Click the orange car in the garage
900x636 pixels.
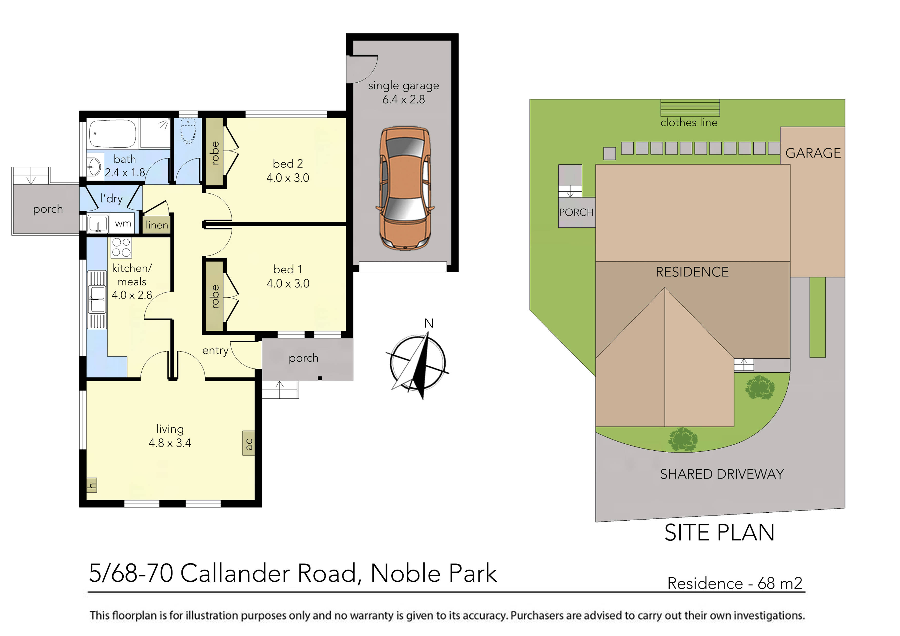405,188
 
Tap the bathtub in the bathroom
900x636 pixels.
112,134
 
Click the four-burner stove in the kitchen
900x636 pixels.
121,248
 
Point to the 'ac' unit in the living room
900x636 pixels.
249,443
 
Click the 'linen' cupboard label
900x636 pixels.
157,225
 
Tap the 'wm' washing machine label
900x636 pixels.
123,223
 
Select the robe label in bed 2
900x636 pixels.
215,153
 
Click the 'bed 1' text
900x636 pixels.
288,269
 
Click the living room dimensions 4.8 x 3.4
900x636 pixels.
170,443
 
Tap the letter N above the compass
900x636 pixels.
429,323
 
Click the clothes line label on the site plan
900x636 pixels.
689,123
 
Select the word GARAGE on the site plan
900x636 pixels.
813,153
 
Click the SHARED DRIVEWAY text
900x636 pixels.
722,474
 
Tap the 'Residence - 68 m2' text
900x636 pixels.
735,583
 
